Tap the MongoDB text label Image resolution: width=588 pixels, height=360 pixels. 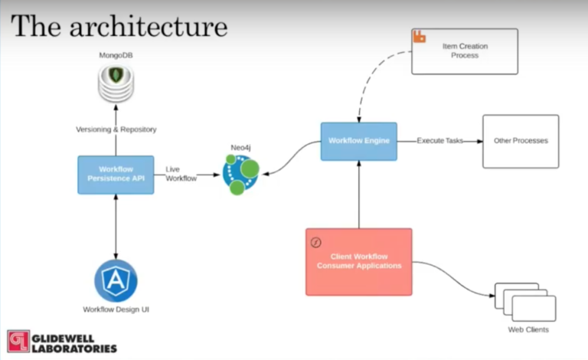pyautogui.click(x=116, y=57)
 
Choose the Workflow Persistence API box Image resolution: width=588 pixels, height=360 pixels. pyautogui.click(x=116, y=174)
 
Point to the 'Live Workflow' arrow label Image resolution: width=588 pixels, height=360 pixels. pyautogui.click(x=181, y=174)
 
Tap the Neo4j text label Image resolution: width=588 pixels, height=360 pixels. pyautogui.click(x=241, y=146)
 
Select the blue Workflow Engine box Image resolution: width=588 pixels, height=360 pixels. pyautogui.click(x=358, y=141)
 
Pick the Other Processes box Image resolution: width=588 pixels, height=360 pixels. pyautogui.click(x=520, y=141)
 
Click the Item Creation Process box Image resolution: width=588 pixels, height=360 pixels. pyautogui.click(x=465, y=51)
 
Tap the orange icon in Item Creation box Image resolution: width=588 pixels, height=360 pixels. pyautogui.click(x=420, y=37)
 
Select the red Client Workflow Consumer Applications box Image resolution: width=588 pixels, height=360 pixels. pyautogui.click(x=358, y=261)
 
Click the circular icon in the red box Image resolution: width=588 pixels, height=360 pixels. pyautogui.click(x=315, y=242)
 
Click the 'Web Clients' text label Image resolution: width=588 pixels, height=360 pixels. pyautogui.click(x=528, y=330)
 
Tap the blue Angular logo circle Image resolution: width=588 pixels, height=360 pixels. pyautogui.click(x=116, y=280)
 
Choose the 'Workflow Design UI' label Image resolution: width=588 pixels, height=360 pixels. pyautogui.click(x=116, y=309)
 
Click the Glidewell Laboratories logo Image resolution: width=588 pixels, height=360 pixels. pyautogui.click(x=62, y=342)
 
